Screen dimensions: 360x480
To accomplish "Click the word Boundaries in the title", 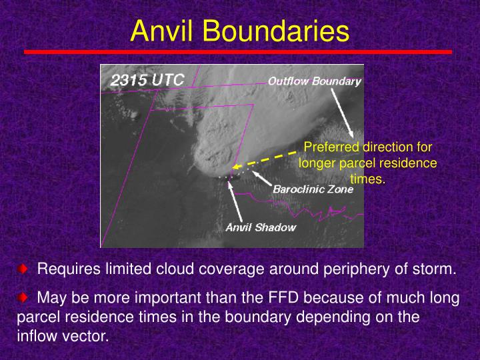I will click(x=273, y=31).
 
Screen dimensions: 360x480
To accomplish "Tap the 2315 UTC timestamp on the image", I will click(x=147, y=79).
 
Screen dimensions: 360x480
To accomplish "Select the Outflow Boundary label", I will click(x=314, y=81).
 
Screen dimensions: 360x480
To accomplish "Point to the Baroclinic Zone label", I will click(x=313, y=189).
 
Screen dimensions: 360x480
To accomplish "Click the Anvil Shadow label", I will click(x=261, y=227).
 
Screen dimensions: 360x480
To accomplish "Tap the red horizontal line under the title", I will click(x=237, y=51).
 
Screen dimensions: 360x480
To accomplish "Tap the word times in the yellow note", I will click(x=368, y=178).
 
